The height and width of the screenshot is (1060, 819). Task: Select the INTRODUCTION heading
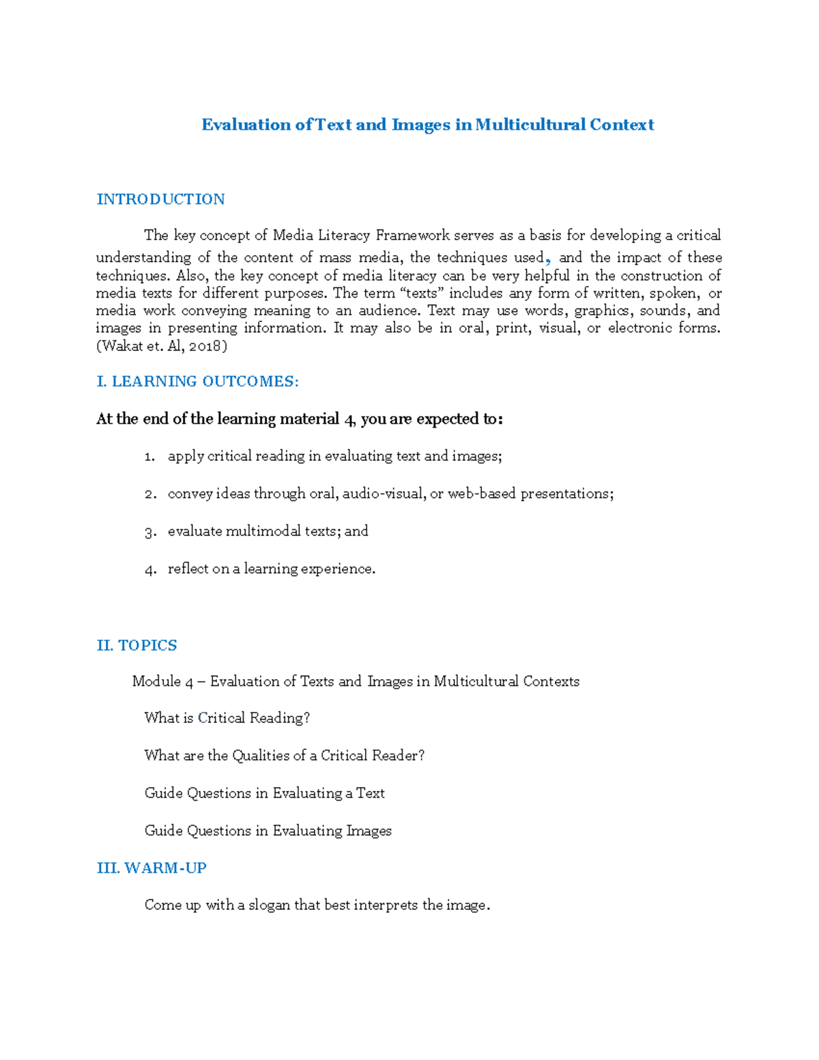click(x=160, y=199)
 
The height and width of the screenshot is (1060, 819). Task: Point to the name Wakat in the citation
click(x=123, y=346)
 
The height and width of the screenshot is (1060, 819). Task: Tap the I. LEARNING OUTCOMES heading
click(x=198, y=382)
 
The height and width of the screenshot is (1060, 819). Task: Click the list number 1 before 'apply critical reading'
click(x=149, y=457)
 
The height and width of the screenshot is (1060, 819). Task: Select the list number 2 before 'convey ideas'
click(x=150, y=494)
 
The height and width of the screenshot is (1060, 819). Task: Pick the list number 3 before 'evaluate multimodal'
click(x=150, y=532)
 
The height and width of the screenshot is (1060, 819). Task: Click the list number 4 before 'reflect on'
click(x=150, y=569)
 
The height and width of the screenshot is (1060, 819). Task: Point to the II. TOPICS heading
click(x=136, y=646)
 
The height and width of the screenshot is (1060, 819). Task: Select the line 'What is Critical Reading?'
click(x=227, y=718)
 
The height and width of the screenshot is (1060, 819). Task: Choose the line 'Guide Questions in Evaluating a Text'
click(x=265, y=793)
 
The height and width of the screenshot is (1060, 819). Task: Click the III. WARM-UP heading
click(x=152, y=868)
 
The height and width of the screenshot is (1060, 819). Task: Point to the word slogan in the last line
click(x=269, y=906)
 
